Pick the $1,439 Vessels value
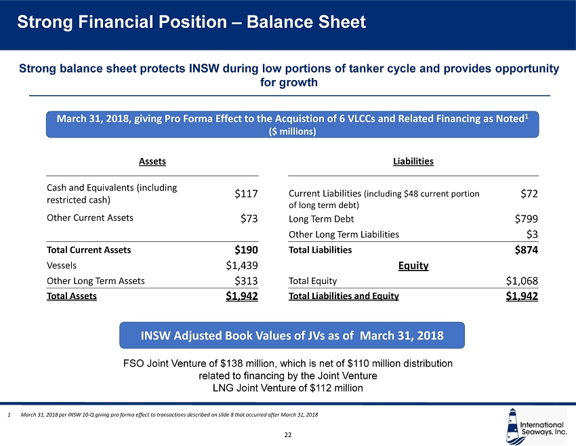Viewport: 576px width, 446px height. click(242, 265)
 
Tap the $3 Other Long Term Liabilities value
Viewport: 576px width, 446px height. click(532, 235)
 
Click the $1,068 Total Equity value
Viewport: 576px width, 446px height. click(522, 280)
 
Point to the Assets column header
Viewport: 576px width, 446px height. click(152, 161)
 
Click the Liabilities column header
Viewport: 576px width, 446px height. click(413, 161)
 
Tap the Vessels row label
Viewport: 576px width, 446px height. click(62, 265)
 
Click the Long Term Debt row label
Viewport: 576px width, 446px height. click(321, 219)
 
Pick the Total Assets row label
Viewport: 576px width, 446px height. click(71, 296)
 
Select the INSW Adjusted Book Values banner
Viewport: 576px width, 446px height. click(292, 336)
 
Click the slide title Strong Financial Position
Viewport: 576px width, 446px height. click(192, 22)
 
